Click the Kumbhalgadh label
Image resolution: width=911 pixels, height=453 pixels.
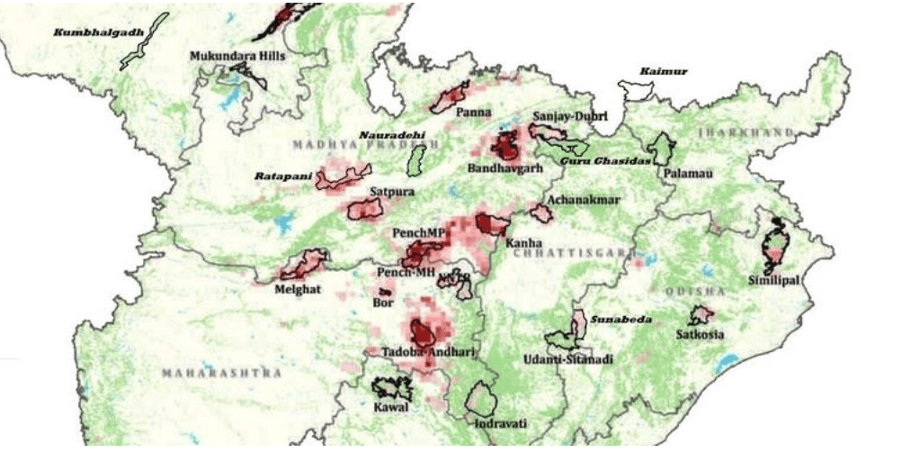(x=86, y=32)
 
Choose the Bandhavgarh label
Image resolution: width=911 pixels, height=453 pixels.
(x=506, y=168)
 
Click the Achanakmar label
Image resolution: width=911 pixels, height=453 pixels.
(x=584, y=200)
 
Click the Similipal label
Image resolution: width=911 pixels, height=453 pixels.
(x=773, y=281)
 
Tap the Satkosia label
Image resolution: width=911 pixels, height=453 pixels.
(x=700, y=335)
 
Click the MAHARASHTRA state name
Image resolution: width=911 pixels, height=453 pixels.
(x=221, y=372)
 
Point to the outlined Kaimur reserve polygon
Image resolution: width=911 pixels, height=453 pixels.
(x=635, y=90)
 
